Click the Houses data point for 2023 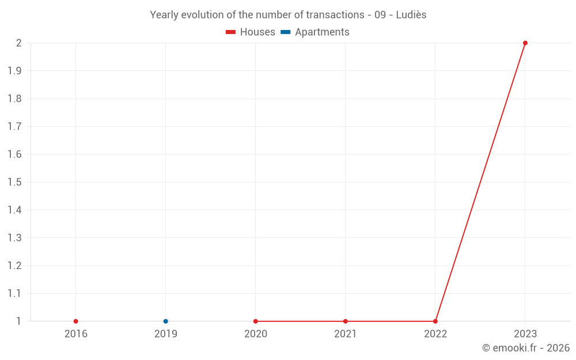coord(525,43)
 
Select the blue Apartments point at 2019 coord(166,321)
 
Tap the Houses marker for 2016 coord(76,321)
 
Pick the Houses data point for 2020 coord(256,321)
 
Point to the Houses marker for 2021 coord(346,321)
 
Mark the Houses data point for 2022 coord(435,321)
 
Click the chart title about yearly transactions coord(288,15)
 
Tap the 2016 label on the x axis coord(76,334)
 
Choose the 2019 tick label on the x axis coord(166,334)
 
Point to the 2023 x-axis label coord(525,334)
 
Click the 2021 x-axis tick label coord(346,334)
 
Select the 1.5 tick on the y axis coord(14,182)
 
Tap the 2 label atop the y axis coord(18,43)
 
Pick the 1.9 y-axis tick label coord(14,71)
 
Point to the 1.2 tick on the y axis coord(14,266)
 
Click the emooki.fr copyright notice coord(525,348)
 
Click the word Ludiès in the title coord(411,15)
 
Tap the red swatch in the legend coord(231,32)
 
